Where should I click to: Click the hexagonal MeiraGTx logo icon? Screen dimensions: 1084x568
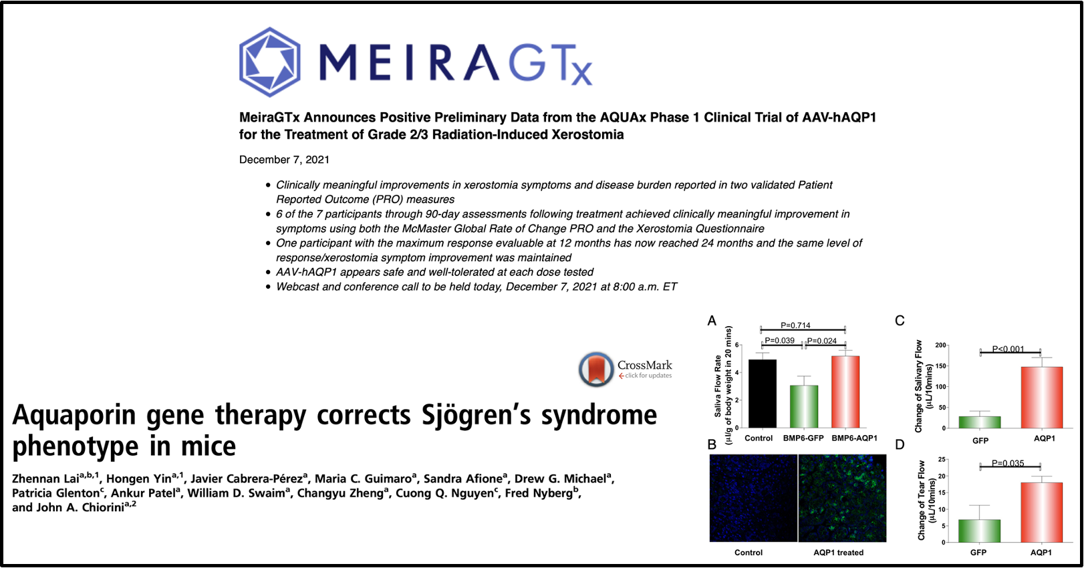(269, 62)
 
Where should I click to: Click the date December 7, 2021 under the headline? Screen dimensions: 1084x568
(284, 160)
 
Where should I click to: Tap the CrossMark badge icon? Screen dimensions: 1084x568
(595, 369)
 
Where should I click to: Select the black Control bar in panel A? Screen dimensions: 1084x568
(762, 394)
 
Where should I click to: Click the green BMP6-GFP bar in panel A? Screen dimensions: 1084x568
(804, 406)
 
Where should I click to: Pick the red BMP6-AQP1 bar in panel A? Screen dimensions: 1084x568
(845, 392)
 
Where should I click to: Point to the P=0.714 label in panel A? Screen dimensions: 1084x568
(795, 325)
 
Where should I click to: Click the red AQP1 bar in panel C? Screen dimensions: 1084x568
(1042, 397)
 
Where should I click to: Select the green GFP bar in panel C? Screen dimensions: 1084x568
(980, 422)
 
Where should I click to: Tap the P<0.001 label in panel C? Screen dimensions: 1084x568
(1008, 349)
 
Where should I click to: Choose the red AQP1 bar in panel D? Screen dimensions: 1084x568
(1042, 513)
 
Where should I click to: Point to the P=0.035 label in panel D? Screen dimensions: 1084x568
(1008, 463)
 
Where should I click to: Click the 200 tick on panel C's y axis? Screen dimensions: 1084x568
(940, 345)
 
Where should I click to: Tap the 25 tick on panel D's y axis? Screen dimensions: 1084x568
(942, 459)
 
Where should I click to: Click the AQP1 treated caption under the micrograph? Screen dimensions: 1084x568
(838, 553)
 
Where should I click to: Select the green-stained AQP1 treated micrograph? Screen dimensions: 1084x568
(843, 498)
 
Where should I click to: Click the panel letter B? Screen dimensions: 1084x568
(711, 444)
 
